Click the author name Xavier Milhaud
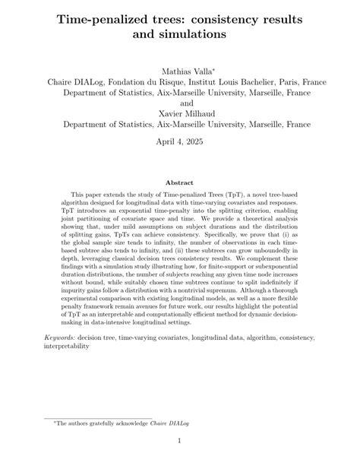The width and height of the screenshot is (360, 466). click(x=179, y=114)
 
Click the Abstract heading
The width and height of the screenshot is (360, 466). click(x=179, y=182)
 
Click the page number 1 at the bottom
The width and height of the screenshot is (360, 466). click(x=179, y=441)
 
